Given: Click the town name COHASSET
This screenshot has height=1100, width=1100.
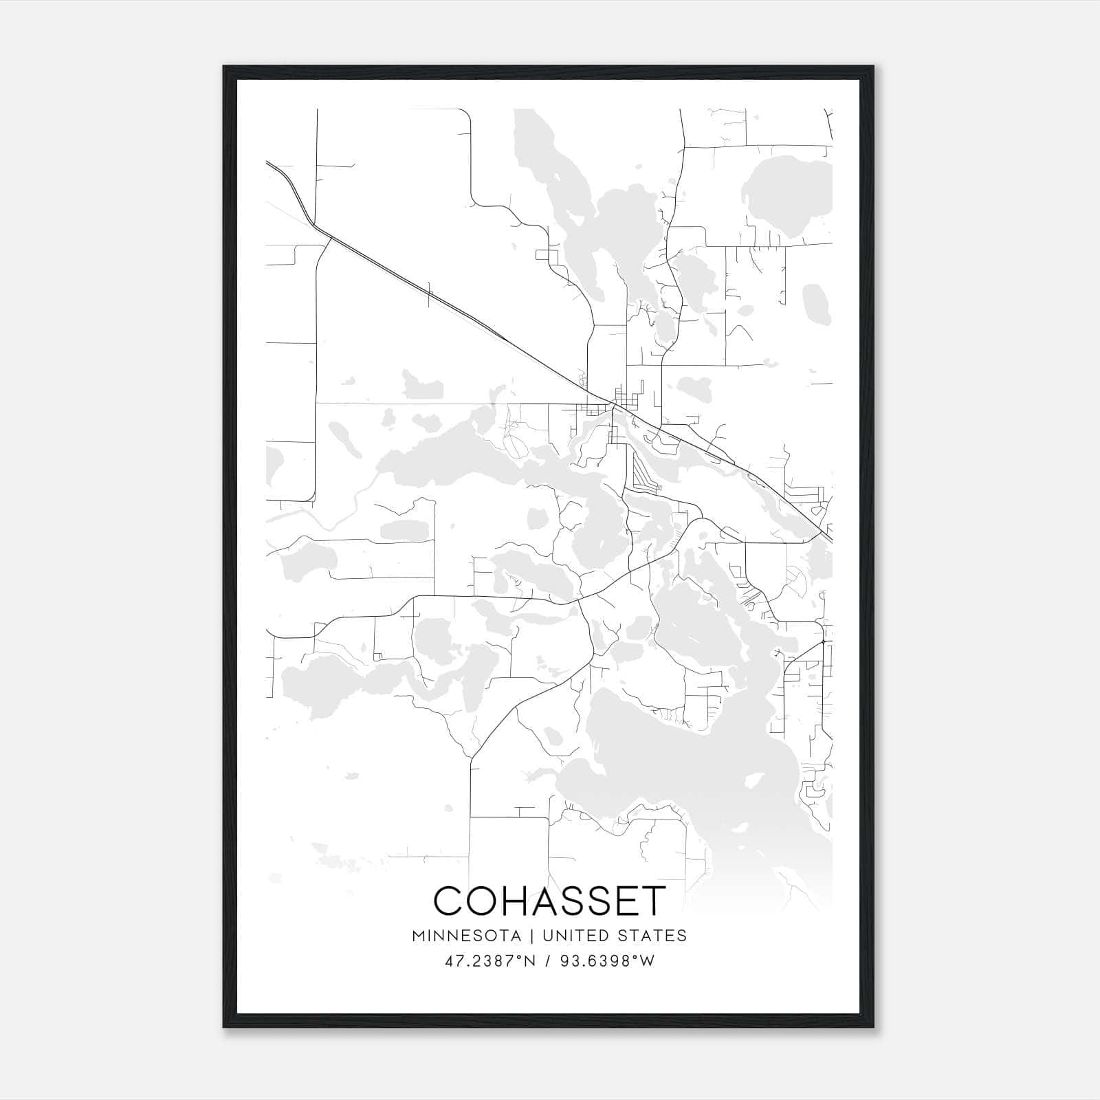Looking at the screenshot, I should pyautogui.click(x=550, y=901).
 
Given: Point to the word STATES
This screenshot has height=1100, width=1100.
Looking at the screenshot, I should pyautogui.click(x=651, y=936).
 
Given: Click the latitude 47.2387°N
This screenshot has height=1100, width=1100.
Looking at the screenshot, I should pyautogui.click(x=490, y=961).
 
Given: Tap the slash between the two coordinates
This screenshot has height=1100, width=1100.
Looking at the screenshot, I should pyautogui.click(x=549, y=961).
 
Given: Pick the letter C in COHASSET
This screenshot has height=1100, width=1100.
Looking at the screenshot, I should pyautogui.click(x=450, y=901).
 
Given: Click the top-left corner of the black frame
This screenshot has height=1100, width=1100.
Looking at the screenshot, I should pyautogui.click(x=224, y=67).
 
